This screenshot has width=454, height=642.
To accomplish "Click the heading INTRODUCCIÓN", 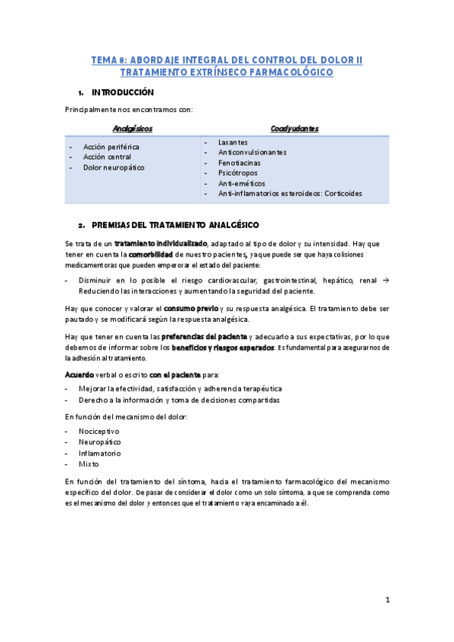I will tap(122, 92).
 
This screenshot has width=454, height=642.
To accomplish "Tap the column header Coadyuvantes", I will tap(295, 129).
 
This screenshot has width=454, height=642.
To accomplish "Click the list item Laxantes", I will tap(233, 142).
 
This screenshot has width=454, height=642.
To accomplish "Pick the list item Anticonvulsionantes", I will tap(252, 152).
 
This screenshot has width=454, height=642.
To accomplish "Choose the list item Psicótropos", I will tap(237, 173).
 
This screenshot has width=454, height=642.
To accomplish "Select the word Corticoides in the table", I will tap(341, 194).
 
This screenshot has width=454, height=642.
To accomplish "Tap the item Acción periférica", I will tap(111, 147).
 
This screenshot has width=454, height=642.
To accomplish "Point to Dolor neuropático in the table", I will tap(114, 167).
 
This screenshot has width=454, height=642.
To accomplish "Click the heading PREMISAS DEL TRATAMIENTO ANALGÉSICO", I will tap(175, 226).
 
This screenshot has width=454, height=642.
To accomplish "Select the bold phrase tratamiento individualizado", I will tap(161, 244).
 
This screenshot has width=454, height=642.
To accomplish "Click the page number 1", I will tap(387, 600).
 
